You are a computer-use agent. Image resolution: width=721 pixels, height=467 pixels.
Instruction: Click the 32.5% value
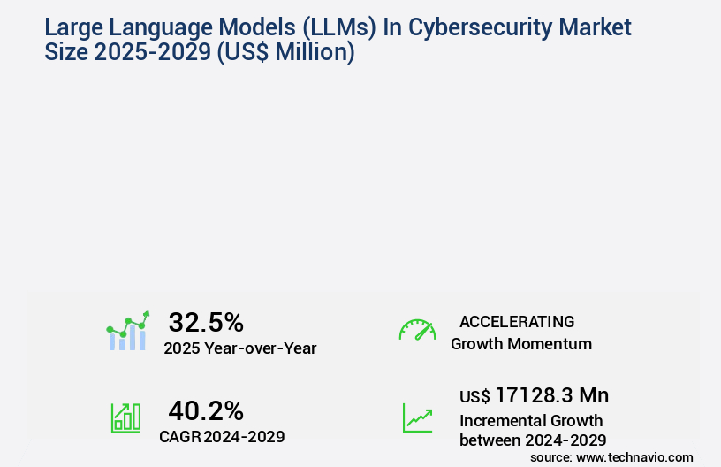pos(205,322)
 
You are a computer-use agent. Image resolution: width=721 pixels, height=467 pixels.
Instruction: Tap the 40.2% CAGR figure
pos(205,410)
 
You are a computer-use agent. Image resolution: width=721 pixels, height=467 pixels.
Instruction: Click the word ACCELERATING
pos(516,322)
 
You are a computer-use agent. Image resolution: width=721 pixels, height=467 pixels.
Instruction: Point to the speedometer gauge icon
pos(417,330)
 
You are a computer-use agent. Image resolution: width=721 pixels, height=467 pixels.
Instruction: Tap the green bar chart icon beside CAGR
pos(125,417)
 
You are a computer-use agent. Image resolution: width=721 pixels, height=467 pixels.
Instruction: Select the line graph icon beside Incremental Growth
pos(417,417)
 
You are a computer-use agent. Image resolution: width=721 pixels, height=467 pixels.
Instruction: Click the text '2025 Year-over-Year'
pos(239,348)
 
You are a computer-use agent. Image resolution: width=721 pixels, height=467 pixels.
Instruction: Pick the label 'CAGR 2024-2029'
pos(222,436)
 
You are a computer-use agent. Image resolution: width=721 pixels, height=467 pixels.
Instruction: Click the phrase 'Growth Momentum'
pos(521,344)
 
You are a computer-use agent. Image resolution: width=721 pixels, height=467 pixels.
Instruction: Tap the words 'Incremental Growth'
pos(531,420)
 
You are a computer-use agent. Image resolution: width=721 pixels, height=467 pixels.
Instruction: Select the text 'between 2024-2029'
pos(532,440)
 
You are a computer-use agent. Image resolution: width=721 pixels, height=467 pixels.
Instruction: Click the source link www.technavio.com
pos(634,457)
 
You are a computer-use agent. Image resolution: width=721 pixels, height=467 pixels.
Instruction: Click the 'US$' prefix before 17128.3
pos(474,397)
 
